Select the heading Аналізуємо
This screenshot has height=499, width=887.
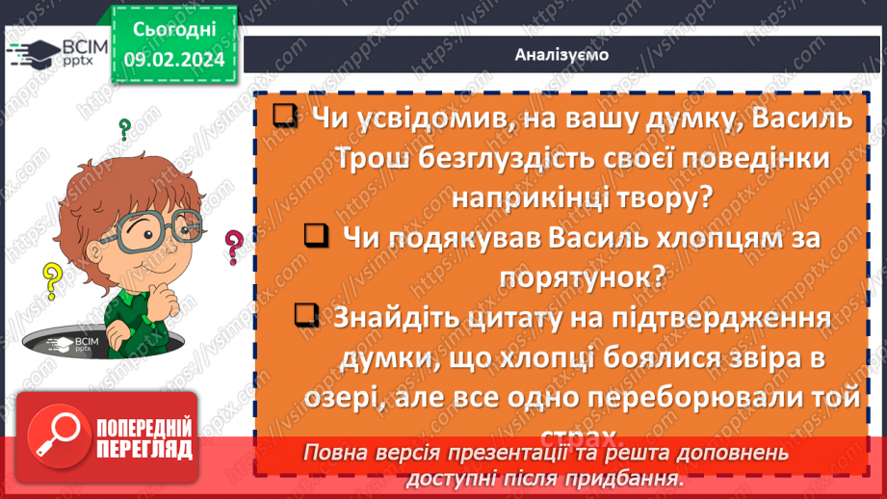561,55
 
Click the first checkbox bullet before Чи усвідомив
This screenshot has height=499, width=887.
283,117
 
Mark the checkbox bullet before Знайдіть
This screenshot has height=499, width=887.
305,315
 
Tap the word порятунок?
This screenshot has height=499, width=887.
581,277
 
